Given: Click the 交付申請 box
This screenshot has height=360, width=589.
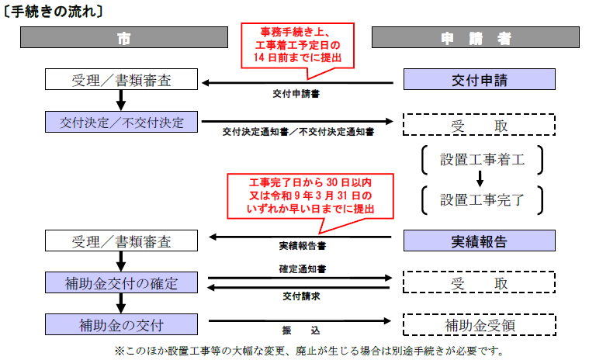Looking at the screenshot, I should (x=480, y=79).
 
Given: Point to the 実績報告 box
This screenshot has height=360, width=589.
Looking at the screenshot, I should (x=480, y=241).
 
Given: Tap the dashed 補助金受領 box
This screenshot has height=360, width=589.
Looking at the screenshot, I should (x=480, y=324).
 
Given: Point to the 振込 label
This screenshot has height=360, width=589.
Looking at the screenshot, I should (x=298, y=330).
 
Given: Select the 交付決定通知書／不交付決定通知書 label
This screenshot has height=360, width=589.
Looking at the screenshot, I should (x=298, y=133).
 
